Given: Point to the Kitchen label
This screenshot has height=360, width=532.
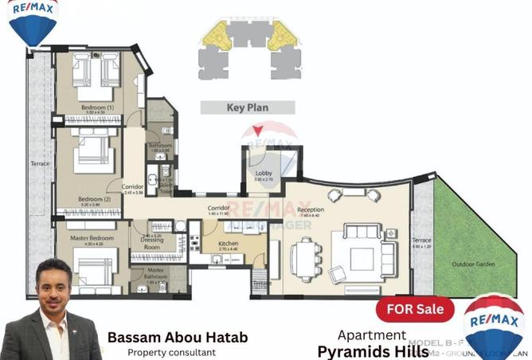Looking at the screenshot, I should point(229,245).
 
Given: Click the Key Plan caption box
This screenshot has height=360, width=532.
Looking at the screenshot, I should point(247,107).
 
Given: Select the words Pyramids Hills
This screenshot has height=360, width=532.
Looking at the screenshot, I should point(373,350).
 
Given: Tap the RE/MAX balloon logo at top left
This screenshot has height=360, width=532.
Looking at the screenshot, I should point(30,22).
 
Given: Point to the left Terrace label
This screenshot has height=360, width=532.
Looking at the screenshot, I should point(40,164).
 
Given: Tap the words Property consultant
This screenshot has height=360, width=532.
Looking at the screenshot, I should point(171,352).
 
